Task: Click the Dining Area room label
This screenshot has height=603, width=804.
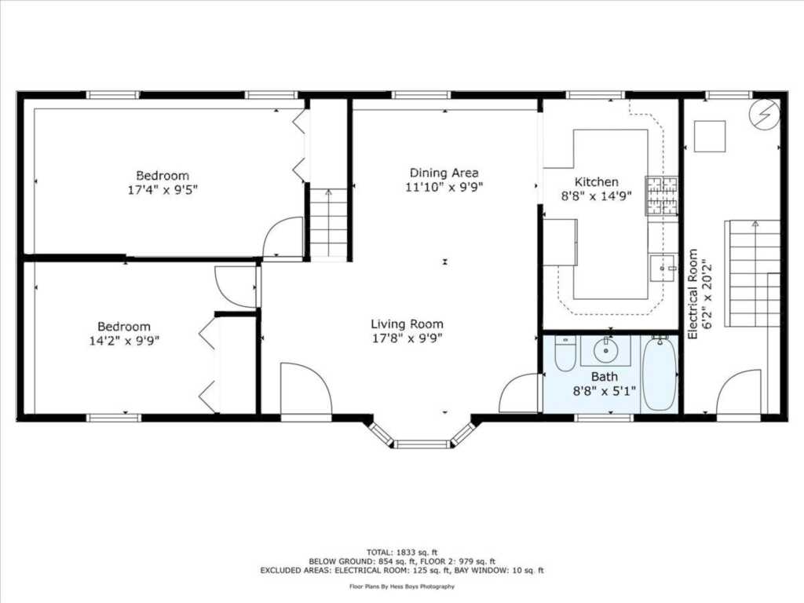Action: (x=444, y=173)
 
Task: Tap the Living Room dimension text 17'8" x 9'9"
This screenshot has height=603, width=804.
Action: (x=407, y=338)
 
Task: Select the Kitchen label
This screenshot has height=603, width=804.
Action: (x=597, y=182)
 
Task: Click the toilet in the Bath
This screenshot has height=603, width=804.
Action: (x=565, y=354)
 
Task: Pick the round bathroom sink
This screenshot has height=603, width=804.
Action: (x=606, y=351)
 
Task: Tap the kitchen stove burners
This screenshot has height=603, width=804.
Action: (x=661, y=196)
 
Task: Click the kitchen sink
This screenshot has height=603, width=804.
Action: (x=663, y=268)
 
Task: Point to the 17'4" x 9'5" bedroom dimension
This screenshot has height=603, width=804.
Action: (x=163, y=190)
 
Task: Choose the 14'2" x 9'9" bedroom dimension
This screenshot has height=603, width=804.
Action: (x=124, y=341)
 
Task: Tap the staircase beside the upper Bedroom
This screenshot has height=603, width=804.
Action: (x=329, y=223)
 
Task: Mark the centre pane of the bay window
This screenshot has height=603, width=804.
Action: (x=422, y=444)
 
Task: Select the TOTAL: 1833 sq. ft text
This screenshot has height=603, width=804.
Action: (x=402, y=552)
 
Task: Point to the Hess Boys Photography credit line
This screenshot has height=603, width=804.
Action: (x=402, y=586)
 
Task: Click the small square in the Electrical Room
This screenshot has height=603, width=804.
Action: (x=710, y=137)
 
